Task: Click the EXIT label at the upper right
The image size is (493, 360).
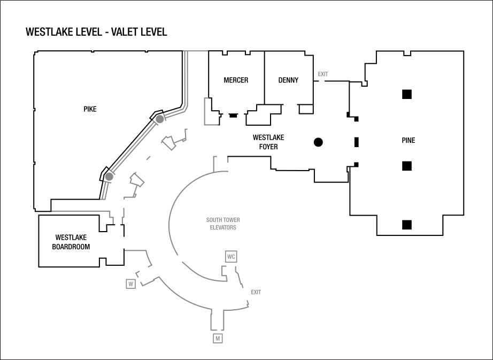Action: (x=323, y=74)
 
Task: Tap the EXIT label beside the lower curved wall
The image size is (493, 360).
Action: (x=256, y=292)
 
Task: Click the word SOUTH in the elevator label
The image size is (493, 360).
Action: (x=215, y=220)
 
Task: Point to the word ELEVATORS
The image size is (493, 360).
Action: (x=223, y=227)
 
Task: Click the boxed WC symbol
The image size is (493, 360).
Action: (x=231, y=257)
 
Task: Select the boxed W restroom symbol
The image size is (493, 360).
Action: (x=130, y=284)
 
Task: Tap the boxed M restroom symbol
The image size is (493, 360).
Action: (x=218, y=339)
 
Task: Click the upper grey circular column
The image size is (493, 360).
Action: (x=159, y=119)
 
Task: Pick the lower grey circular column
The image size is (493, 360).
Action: (x=109, y=177)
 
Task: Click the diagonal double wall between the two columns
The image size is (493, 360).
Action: (x=134, y=148)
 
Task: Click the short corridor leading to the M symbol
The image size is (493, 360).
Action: (x=217, y=319)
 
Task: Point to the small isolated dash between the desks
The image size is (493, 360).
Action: (x=148, y=158)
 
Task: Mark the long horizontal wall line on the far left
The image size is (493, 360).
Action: (x=80, y=211)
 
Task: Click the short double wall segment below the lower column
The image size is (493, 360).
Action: (x=105, y=190)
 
